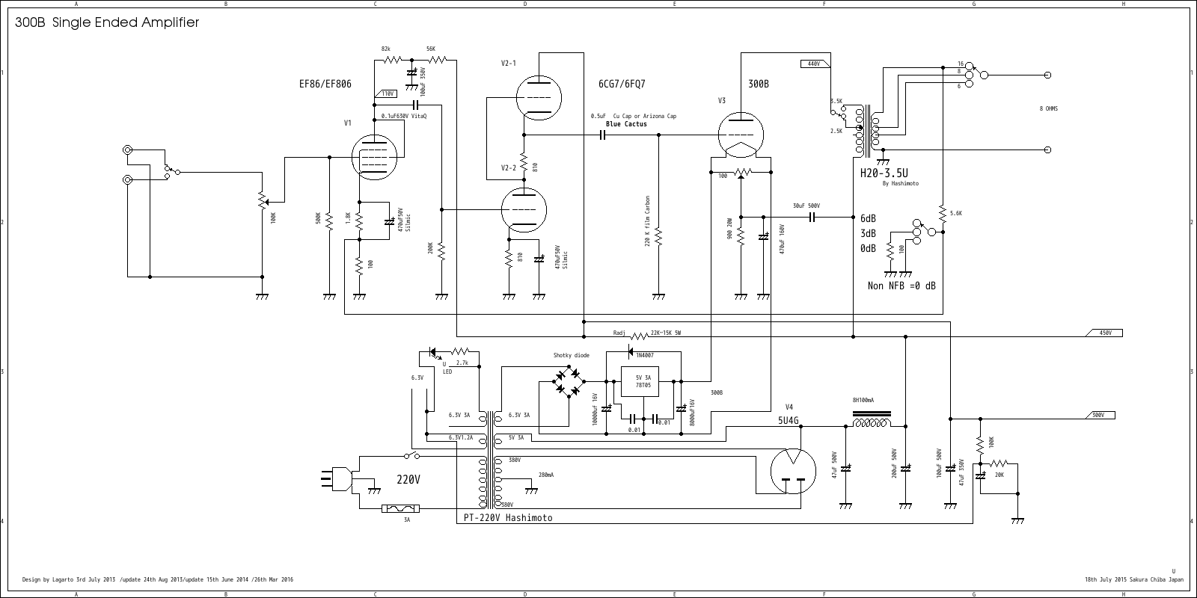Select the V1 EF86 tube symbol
(373, 157)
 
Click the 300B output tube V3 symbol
(741, 135)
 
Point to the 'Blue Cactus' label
(626, 124)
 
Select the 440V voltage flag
(812, 64)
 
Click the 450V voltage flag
(1104, 333)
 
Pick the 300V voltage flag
(1097, 415)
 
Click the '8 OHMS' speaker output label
(1048, 109)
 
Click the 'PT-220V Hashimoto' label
(507, 517)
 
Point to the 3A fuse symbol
(400, 509)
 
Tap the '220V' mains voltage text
(408, 480)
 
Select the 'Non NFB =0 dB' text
(901, 286)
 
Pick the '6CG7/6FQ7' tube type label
(622, 84)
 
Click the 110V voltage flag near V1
(386, 94)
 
